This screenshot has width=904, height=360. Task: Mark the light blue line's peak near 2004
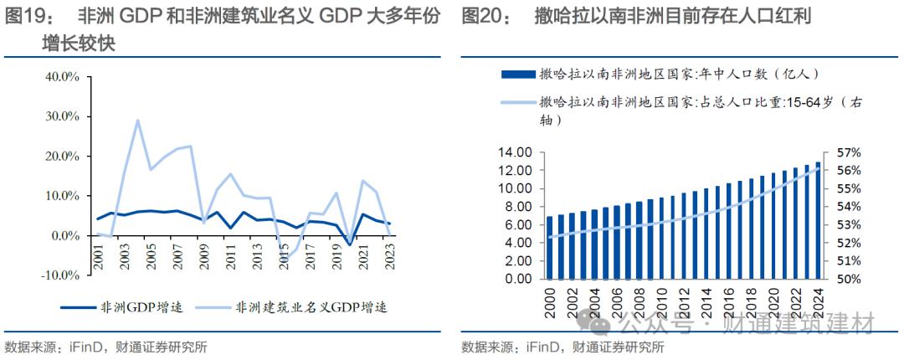point(137,121)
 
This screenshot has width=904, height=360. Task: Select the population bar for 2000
point(549,248)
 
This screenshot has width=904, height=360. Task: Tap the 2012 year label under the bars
point(684,301)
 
